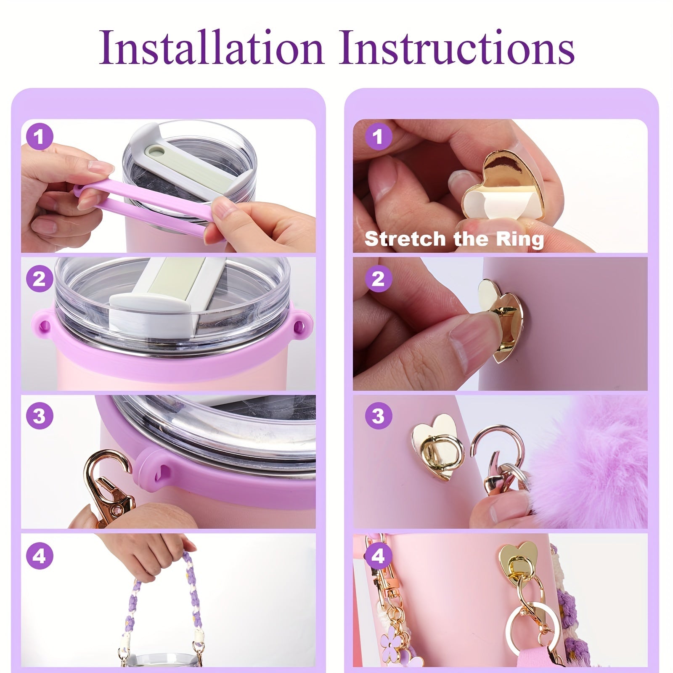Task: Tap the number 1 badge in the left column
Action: (40, 137)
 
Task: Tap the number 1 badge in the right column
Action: (378, 137)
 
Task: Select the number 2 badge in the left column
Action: (40, 278)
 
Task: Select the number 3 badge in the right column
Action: (378, 416)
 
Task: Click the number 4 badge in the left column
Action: (40, 556)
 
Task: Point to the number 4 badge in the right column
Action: (378, 556)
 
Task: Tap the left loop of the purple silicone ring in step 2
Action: (43, 326)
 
